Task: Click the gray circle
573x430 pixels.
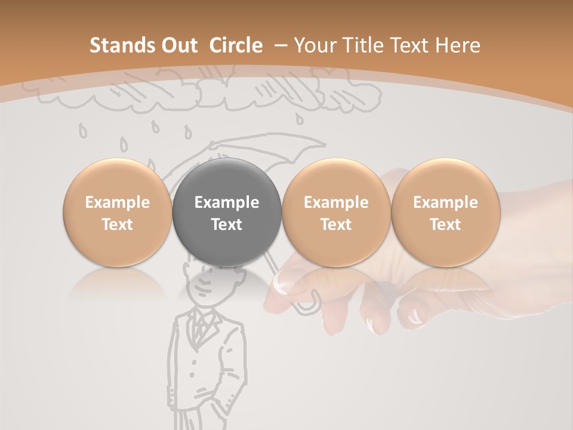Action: point(227,213)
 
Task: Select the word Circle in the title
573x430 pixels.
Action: point(236,45)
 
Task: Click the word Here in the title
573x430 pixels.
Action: point(457,45)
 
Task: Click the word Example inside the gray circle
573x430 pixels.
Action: point(227,202)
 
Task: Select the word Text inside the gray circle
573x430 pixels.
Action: point(227,225)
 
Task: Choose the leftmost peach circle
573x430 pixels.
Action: point(118,213)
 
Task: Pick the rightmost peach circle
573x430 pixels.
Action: point(445,213)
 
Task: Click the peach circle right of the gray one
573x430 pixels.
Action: point(336,213)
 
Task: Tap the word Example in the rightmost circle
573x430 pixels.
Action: point(445,202)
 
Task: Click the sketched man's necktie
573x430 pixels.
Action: point(202,326)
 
